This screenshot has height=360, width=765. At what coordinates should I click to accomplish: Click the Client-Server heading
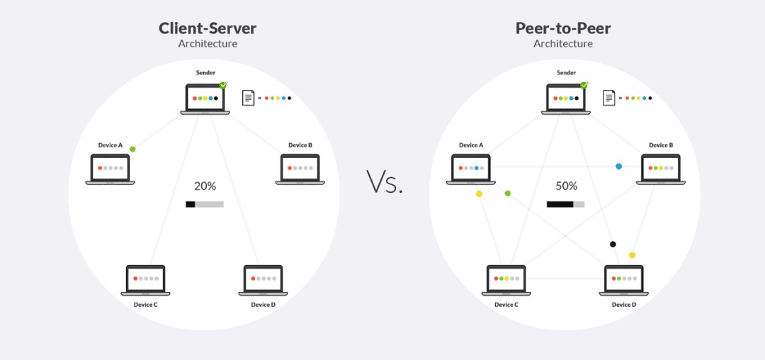208,28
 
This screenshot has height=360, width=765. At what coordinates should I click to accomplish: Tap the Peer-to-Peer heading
563,28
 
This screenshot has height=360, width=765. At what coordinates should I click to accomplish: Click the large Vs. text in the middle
385,182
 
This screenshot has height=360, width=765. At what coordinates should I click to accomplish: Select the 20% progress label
205,186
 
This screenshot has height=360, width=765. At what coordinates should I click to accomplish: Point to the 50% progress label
566,186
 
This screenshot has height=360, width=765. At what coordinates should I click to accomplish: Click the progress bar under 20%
205,204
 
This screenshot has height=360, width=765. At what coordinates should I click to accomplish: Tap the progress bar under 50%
565,204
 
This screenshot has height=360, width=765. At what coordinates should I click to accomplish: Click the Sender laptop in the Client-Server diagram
205,99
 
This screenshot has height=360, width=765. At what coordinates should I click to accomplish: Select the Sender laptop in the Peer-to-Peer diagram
566,99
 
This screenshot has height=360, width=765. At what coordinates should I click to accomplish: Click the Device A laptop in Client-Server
110,169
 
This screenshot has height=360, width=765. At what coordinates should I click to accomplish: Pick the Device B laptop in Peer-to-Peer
661,169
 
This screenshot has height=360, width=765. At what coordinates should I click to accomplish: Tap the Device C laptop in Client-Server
145,280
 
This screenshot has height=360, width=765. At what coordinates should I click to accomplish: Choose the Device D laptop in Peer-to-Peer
624,280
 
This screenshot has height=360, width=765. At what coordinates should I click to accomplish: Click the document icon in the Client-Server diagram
249,98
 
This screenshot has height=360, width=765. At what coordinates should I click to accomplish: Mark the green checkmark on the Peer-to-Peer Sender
584,85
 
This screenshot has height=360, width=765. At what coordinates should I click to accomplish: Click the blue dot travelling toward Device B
618,167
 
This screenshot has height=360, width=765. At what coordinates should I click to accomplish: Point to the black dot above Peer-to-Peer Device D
613,244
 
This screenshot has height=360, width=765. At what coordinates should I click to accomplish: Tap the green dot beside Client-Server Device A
132,149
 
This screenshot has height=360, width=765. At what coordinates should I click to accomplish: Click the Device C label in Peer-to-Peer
506,305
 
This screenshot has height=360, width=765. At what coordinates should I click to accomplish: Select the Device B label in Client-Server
300,145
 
